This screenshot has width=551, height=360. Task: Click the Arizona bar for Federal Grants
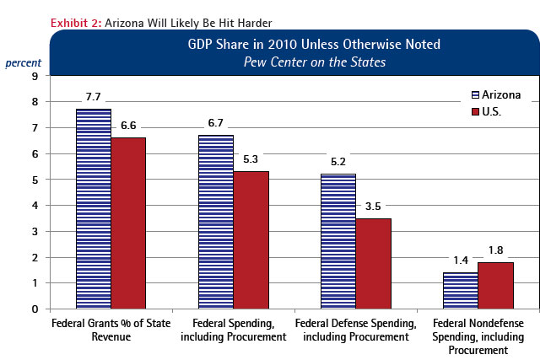93,208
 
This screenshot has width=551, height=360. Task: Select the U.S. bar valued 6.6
128,223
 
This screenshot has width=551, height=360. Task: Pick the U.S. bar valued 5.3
251,239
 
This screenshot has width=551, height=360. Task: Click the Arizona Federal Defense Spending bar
338,241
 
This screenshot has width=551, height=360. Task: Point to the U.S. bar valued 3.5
373,263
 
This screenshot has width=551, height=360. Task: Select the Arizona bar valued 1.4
460,290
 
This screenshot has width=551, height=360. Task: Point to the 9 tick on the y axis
35,76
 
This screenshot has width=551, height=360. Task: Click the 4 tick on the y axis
35,205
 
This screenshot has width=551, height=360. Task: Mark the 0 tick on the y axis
35,309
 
